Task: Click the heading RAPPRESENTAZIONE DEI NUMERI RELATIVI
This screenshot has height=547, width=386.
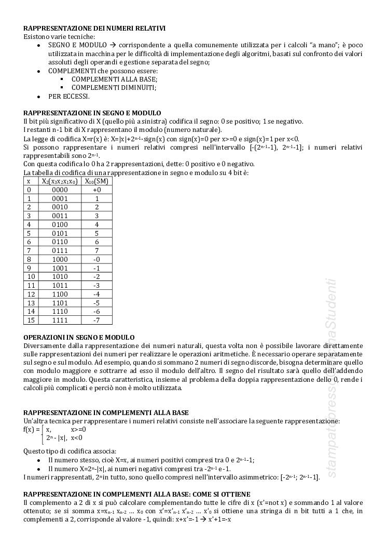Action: point(94,29)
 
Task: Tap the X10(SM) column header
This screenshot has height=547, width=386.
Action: point(96,181)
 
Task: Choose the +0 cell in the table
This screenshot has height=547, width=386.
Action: point(96,190)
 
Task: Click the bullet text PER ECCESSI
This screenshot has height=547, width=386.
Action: point(69,96)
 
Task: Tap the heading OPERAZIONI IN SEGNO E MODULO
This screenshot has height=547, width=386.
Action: point(79,337)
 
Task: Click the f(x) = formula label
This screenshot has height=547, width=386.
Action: point(32,430)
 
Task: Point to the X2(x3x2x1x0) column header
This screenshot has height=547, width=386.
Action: point(60,181)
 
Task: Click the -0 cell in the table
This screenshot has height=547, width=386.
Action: point(96,259)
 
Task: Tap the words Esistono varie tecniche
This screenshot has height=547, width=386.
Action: point(59,37)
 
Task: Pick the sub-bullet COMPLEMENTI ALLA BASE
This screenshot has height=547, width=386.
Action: point(114,79)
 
